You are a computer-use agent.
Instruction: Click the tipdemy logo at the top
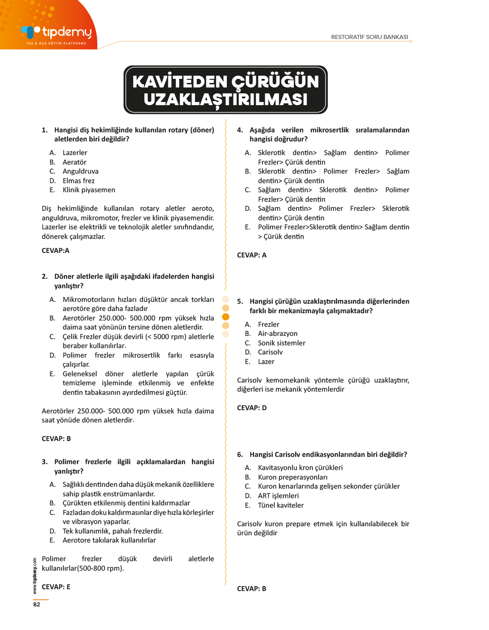point(57,33)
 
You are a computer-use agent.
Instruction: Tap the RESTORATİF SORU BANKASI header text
point(369,37)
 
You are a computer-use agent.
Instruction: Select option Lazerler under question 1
point(75,153)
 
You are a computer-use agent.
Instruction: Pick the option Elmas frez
point(78,181)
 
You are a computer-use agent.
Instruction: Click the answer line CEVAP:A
point(55,251)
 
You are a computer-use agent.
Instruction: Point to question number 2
point(44,276)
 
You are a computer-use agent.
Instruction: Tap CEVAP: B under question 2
point(56,439)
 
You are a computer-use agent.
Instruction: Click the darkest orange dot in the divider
point(225,317)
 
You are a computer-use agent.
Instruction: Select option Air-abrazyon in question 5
point(278,334)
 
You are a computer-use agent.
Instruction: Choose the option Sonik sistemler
point(281,343)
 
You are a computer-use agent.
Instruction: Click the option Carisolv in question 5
point(270,352)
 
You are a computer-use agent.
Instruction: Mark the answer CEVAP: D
point(252,408)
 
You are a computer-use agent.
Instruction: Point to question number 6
point(240,455)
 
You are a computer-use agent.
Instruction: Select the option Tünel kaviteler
point(281,505)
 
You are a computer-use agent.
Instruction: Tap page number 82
point(37,605)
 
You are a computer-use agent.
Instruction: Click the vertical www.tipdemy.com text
point(35,576)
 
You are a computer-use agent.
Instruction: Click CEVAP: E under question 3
point(56,587)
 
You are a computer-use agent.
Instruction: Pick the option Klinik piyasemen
point(89,190)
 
